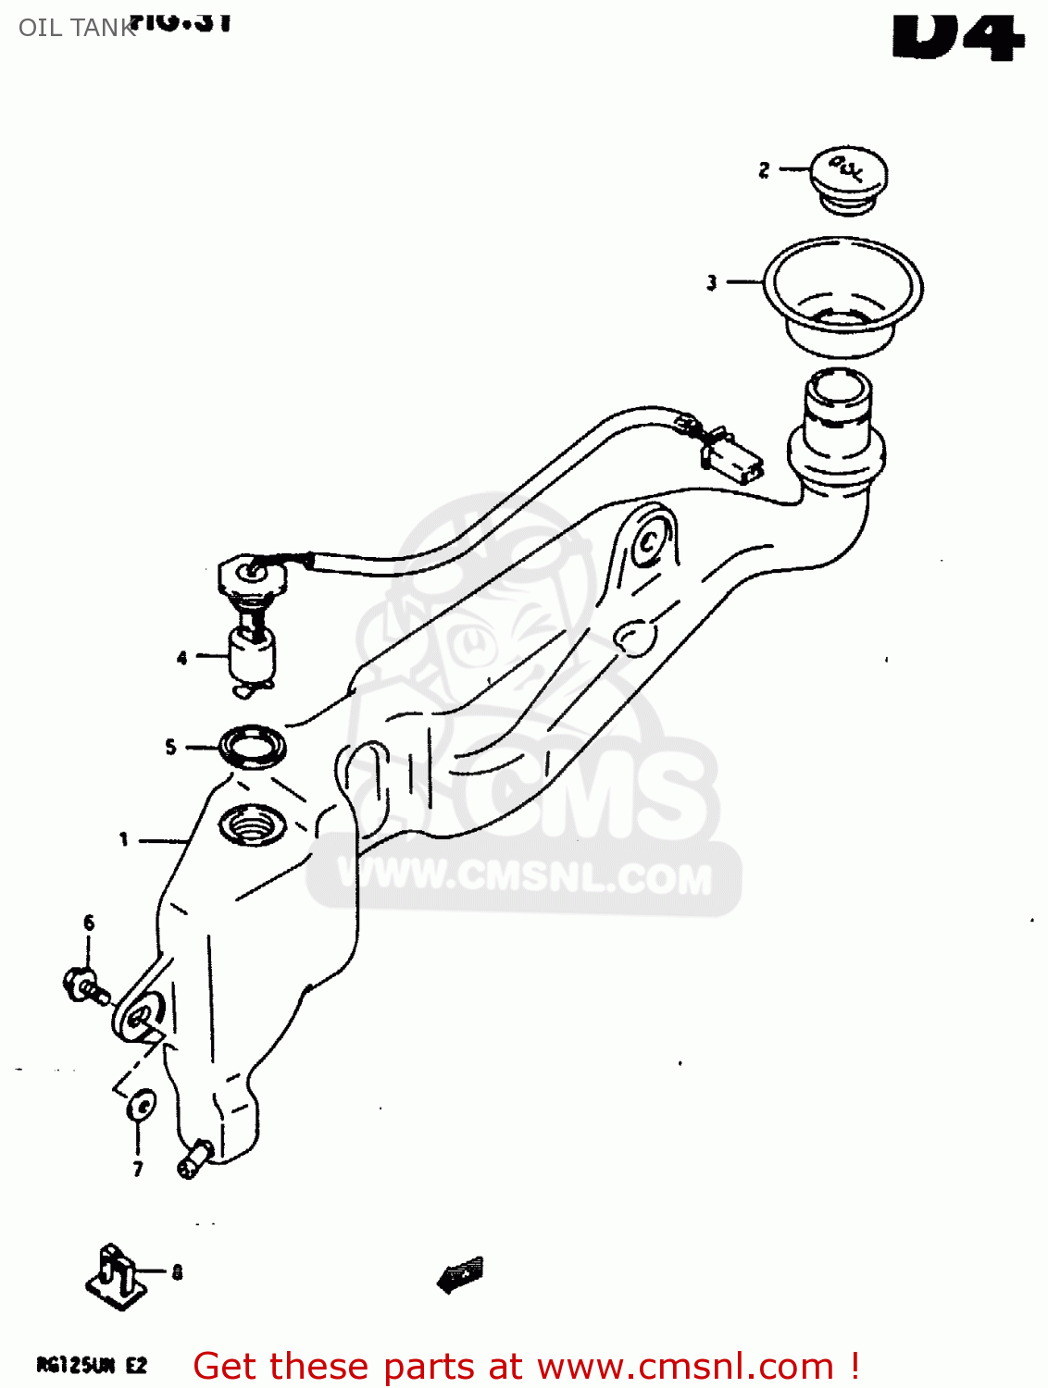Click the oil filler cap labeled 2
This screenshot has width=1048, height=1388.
(848, 177)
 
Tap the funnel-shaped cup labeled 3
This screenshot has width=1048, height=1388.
(842, 295)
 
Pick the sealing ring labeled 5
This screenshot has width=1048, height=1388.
(253, 746)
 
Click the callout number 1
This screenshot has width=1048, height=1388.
(123, 839)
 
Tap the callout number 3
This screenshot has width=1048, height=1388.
(711, 282)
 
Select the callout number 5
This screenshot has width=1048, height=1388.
(170, 747)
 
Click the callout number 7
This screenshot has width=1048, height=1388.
(138, 1169)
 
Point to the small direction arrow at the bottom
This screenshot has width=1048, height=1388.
(461, 1274)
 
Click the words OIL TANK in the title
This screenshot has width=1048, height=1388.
(77, 28)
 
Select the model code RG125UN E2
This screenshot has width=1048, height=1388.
(91, 1365)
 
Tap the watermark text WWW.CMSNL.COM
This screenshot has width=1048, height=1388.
(525, 875)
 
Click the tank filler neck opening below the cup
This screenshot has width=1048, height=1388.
(839, 389)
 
